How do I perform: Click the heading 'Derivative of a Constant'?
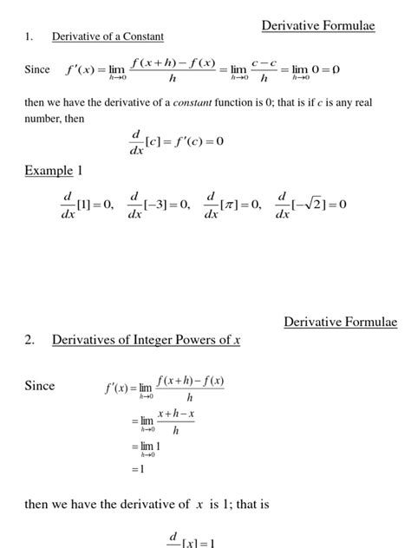[x=108, y=36]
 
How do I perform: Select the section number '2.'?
[x=29, y=341]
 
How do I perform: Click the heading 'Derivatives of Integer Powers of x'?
[x=146, y=341]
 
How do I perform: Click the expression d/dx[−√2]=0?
[x=311, y=205]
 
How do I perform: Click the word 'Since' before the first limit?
[x=38, y=69]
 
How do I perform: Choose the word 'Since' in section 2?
[x=40, y=386]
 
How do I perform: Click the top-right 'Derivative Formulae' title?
[x=318, y=27]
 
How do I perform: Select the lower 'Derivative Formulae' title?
[x=341, y=323]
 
